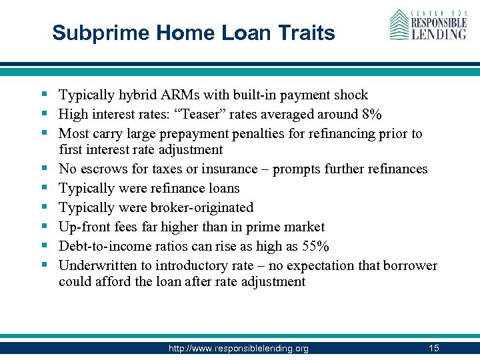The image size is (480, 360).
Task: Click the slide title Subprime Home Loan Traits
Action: click(193, 33)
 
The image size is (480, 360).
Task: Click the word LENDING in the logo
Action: click(438, 33)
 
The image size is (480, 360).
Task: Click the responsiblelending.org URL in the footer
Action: click(238, 349)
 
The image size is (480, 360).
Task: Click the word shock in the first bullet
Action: click(350, 95)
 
